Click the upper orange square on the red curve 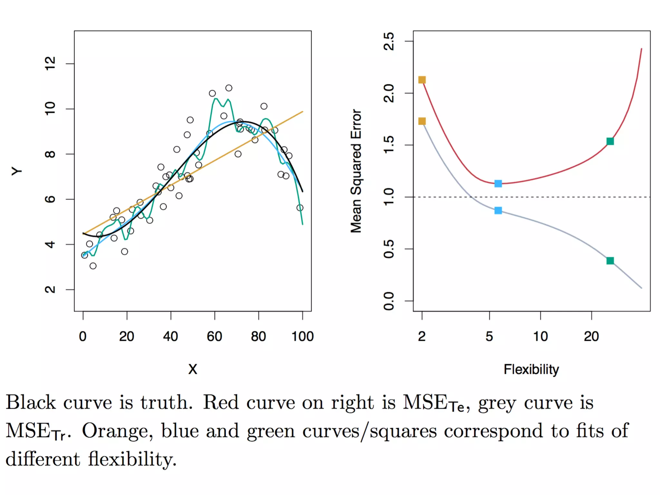(422, 80)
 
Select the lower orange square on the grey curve (422, 121)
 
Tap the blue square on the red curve (498, 184)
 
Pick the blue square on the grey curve (498, 210)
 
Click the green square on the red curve (610, 141)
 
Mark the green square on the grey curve (610, 260)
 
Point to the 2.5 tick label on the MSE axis (389, 41)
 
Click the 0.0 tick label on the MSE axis (389, 301)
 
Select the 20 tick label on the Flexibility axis (591, 336)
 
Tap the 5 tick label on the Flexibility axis (489, 336)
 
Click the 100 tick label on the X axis (302, 336)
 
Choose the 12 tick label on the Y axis (50, 63)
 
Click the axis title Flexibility (531, 369)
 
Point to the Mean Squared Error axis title (356, 171)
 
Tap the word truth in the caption (166, 403)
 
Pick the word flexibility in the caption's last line (132, 459)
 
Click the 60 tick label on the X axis (214, 336)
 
